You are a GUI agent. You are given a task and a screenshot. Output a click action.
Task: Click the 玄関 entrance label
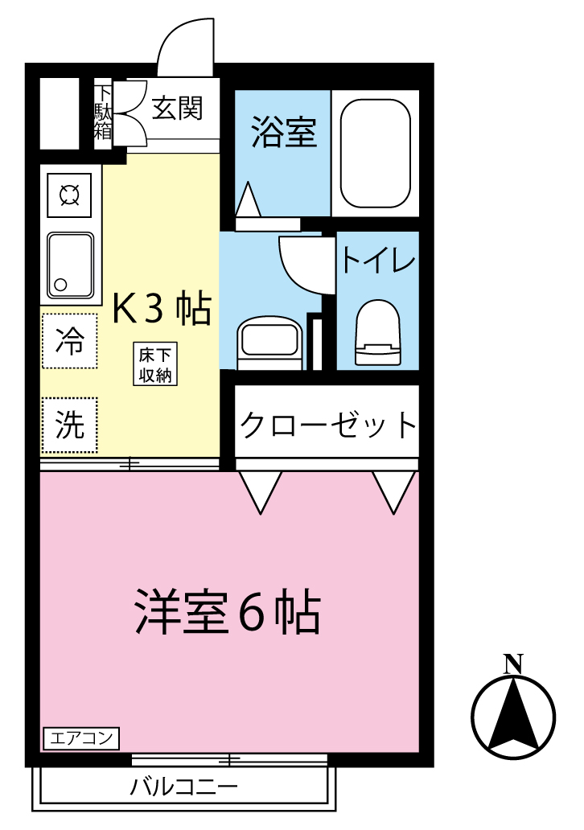(x=176, y=109)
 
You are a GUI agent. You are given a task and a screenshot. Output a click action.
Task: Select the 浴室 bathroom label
(x=283, y=133)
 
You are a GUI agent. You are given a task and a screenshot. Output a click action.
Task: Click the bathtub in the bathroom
(x=375, y=153)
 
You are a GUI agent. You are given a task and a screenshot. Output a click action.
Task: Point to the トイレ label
(x=378, y=261)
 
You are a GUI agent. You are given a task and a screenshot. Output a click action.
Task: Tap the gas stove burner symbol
(x=69, y=195)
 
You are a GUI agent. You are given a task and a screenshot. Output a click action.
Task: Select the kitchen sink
(x=70, y=264)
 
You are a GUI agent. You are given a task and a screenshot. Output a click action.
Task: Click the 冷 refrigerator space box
(x=69, y=341)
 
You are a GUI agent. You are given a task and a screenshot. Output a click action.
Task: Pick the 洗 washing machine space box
(x=69, y=425)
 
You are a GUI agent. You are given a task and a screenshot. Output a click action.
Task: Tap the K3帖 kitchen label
(x=161, y=308)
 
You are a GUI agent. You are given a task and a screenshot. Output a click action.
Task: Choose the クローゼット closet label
(x=327, y=424)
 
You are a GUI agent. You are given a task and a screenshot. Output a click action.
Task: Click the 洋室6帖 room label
(x=227, y=613)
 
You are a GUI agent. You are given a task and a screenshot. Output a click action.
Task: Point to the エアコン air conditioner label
(x=80, y=738)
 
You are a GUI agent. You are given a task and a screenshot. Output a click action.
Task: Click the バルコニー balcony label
(x=183, y=787)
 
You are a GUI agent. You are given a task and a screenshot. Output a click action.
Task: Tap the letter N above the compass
(x=512, y=664)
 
